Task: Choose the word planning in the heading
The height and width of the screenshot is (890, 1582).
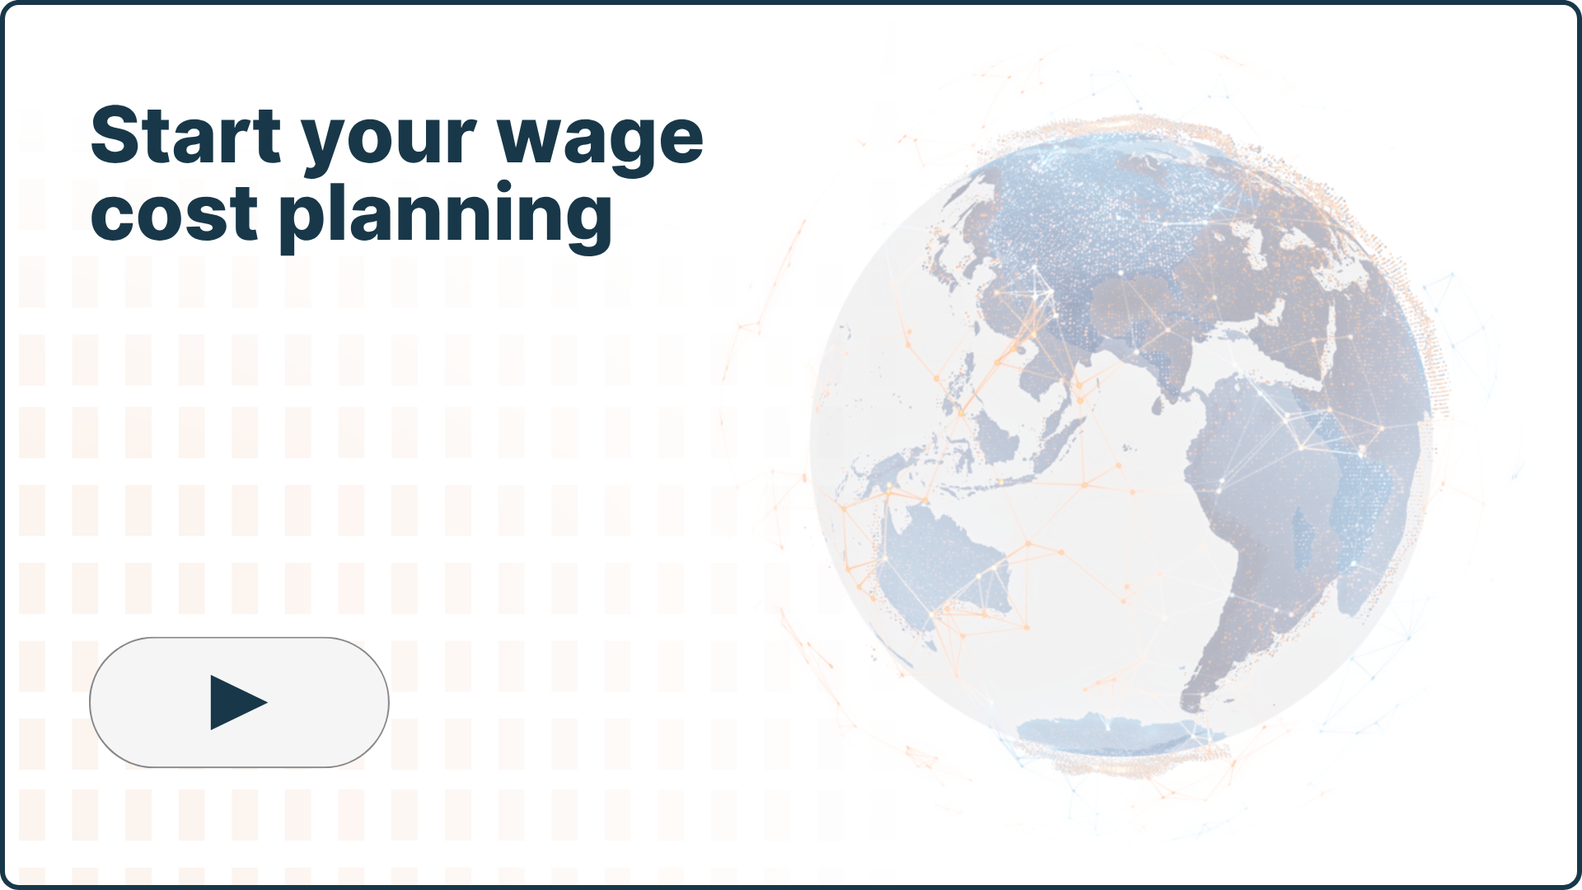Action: coord(446,216)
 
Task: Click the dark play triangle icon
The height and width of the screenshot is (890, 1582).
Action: coord(238,703)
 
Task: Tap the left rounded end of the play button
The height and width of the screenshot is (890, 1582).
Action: coord(92,702)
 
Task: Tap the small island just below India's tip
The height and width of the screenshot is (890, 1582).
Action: coord(1157,406)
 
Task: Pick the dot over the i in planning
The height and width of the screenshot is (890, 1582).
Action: coord(504,188)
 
